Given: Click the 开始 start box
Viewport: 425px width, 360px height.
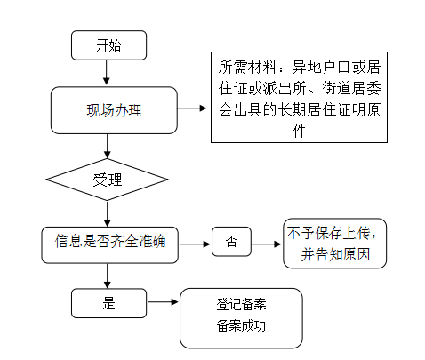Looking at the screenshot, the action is pyautogui.click(x=108, y=45).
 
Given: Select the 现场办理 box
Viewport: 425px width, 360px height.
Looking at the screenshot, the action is pyautogui.click(x=114, y=110).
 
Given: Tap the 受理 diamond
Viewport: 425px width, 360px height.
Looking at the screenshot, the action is pyautogui.click(x=107, y=180).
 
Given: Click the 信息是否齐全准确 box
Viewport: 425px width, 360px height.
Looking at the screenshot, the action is pyautogui.click(x=110, y=245).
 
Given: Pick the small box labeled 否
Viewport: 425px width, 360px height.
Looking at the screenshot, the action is pyautogui.click(x=231, y=242).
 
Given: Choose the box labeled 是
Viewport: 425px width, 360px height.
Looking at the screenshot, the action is pyautogui.click(x=108, y=303).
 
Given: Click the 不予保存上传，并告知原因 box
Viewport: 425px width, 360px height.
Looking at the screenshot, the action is pyautogui.click(x=335, y=244).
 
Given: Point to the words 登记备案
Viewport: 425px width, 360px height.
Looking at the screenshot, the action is pyautogui.click(x=241, y=304).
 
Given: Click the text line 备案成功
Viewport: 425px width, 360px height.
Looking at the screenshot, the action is pyautogui.click(x=241, y=325).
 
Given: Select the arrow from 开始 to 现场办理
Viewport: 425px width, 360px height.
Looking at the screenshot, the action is pyautogui.click(x=107, y=73).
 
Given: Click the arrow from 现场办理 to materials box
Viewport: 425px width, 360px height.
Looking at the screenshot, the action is pyautogui.click(x=192, y=108).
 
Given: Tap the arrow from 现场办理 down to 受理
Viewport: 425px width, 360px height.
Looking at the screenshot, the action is pyautogui.click(x=108, y=146).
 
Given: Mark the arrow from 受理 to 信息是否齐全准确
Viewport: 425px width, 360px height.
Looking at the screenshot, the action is pyautogui.click(x=108, y=213).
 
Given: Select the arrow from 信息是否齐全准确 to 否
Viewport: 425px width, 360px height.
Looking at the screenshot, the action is pyautogui.click(x=195, y=244).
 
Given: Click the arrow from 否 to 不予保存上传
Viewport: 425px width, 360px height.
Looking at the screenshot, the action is pyautogui.click(x=266, y=244).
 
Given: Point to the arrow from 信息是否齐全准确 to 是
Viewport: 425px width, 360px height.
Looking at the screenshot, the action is pyautogui.click(x=108, y=276).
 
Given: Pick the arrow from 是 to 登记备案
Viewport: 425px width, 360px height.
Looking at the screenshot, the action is pyautogui.click(x=163, y=302).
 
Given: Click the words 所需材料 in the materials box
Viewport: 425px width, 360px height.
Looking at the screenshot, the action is pyautogui.click(x=247, y=67).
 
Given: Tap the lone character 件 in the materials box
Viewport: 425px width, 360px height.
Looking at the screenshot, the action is pyautogui.click(x=299, y=131).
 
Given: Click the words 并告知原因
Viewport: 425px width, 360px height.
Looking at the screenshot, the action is pyautogui.click(x=335, y=254).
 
